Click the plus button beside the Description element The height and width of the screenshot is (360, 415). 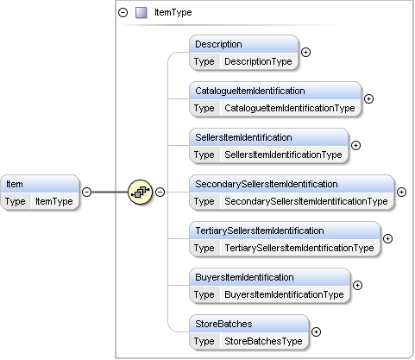pyautogui.click(x=305, y=53)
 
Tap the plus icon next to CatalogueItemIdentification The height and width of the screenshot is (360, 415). pyautogui.click(x=368, y=99)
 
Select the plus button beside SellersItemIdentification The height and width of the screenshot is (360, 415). pyautogui.click(x=355, y=146)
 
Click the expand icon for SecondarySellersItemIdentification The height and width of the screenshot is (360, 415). pyautogui.click(x=401, y=193)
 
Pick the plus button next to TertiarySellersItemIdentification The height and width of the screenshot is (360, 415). pyautogui.click(x=387, y=239)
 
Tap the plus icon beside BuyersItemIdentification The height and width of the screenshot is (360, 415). pyautogui.click(x=357, y=286)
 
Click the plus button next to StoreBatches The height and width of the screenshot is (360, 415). pyautogui.click(x=316, y=332)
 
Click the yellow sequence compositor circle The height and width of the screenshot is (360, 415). pyautogui.click(x=140, y=192)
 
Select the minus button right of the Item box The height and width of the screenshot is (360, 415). pyautogui.click(x=86, y=192)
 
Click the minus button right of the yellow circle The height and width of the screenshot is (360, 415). pyautogui.click(x=160, y=192)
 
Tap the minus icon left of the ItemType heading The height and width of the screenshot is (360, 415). pyautogui.click(x=123, y=13)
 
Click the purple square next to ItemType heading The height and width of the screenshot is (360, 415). pyautogui.click(x=141, y=13)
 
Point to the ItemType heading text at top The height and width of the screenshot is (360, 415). pyautogui.click(x=173, y=12)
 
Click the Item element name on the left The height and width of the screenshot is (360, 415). pyautogui.click(x=15, y=184)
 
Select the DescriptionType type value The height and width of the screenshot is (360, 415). pyautogui.click(x=258, y=61)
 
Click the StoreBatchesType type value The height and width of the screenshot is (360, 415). pyautogui.click(x=263, y=341)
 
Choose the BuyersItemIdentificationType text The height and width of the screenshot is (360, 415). pyautogui.click(x=284, y=294)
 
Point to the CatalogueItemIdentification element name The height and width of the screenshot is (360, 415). pyautogui.click(x=250, y=91)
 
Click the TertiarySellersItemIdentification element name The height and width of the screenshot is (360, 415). pyautogui.click(x=260, y=231)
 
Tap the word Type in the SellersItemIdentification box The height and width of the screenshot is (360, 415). pyautogui.click(x=204, y=155)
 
